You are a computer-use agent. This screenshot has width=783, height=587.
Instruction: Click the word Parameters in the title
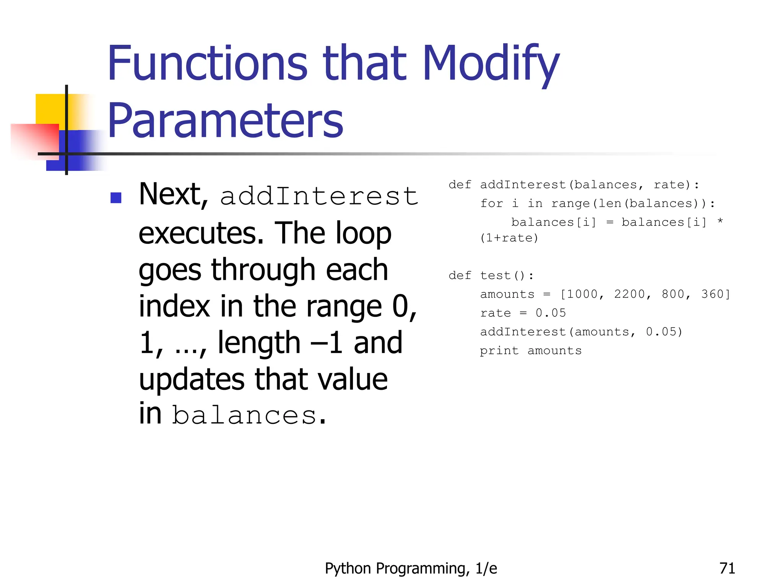(226, 121)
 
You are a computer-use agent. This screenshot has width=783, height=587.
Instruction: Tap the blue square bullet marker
(116, 198)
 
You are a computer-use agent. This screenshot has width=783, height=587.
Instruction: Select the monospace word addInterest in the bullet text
(319, 196)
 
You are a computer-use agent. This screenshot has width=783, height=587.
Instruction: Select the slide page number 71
(727, 568)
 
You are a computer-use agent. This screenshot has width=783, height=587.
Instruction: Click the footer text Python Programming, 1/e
(411, 568)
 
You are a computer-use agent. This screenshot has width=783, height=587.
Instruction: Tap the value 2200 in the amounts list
(629, 294)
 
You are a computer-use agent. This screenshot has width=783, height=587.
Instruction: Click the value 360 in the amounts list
(712, 294)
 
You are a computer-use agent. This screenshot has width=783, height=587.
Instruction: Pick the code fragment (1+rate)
(509, 238)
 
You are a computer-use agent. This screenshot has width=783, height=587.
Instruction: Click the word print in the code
(499, 350)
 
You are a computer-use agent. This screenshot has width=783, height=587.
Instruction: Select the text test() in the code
(506, 275)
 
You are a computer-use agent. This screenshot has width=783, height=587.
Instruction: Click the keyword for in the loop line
(491, 203)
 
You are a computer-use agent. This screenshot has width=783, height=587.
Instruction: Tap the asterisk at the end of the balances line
(720, 221)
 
